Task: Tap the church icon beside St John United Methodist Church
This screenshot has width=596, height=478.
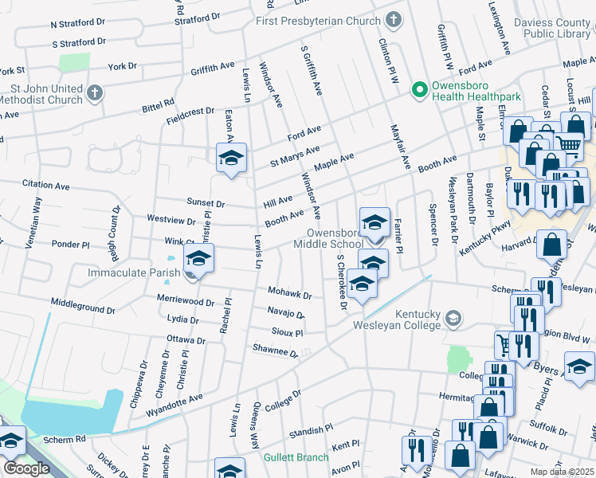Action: point(95,93)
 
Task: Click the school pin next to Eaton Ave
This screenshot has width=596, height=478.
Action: point(231,158)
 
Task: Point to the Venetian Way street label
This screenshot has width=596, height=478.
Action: point(35,224)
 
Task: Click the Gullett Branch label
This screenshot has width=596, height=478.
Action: point(296,457)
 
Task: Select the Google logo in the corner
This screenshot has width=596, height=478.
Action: point(26,468)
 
